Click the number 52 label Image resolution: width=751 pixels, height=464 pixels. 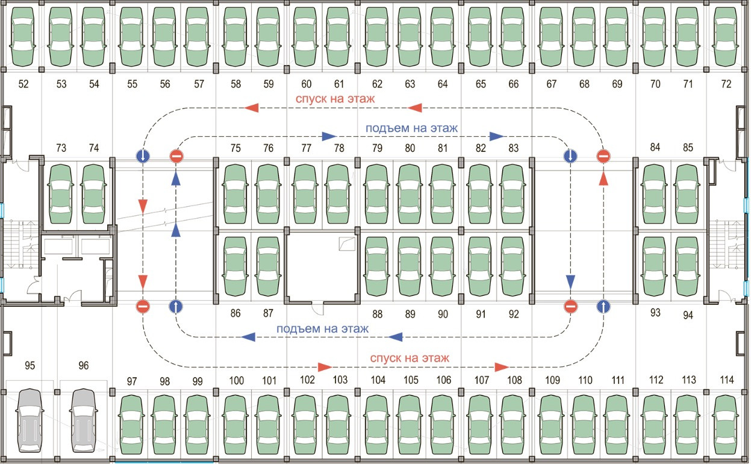click(23, 84)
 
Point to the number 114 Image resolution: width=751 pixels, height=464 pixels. click(727, 380)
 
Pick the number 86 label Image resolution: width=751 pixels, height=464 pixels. click(235, 313)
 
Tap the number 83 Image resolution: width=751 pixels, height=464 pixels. click(513, 148)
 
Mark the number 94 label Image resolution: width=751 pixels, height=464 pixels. click(688, 315)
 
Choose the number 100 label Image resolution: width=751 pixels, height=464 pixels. click(237, 380)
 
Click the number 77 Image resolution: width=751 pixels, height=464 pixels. click(307, 148)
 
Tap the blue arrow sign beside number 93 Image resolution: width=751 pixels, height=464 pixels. click(603, 306)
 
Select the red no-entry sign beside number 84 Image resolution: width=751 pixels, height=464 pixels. click(603, 157)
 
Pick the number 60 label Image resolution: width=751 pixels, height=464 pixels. click(307, 84)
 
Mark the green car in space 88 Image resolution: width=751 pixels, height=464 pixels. click(377, 266)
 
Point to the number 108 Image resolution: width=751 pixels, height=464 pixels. click(515, 380)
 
